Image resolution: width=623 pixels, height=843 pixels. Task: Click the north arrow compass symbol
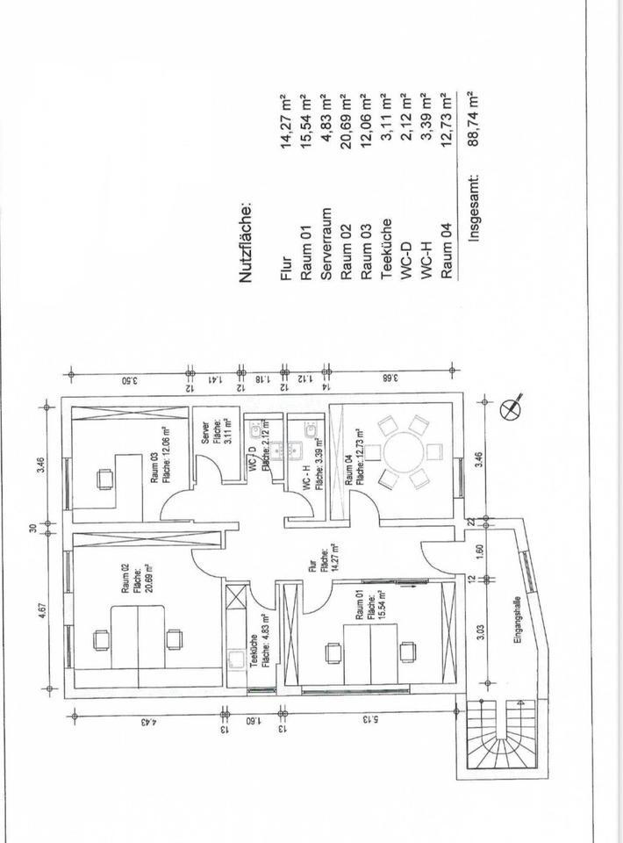512,407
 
